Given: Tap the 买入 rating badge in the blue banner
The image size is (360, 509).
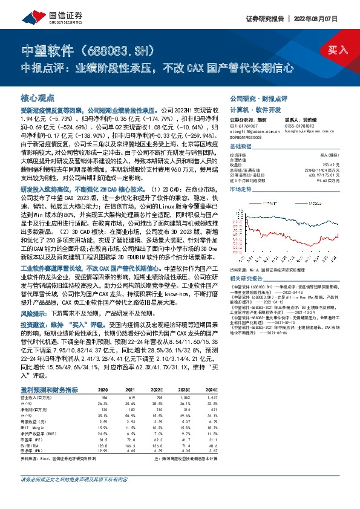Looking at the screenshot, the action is (338, 50).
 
